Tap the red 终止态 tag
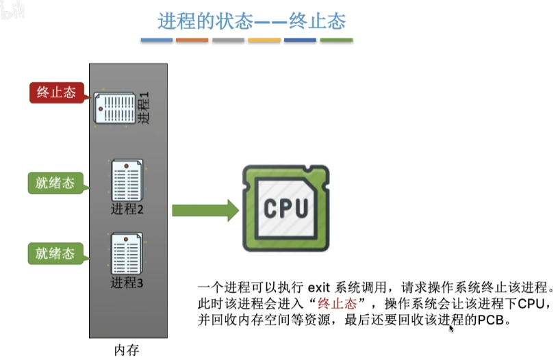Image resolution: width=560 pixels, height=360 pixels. [56, 93]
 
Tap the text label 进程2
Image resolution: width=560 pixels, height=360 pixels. [127, 209]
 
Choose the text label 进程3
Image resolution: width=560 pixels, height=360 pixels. [127, 281]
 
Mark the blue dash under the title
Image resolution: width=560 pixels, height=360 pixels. [157, 40]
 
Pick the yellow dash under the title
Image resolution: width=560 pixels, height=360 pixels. [264, 40]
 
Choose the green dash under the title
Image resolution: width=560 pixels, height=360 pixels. [336, 40]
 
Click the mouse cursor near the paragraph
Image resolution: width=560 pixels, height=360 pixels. [451, 329]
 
